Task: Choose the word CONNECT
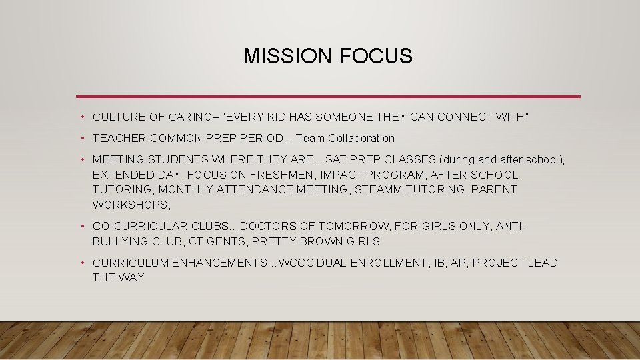pos(453,117)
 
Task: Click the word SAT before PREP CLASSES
pos(337,160)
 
